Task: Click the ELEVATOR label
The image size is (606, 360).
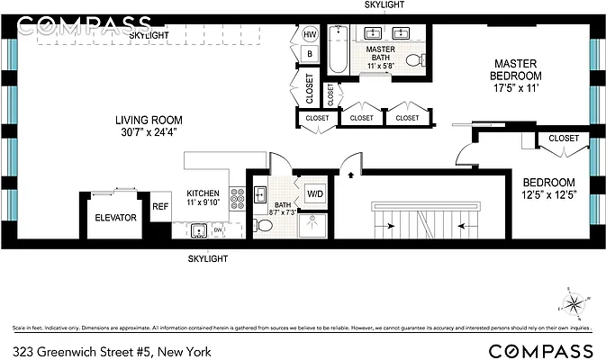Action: pos(115,218)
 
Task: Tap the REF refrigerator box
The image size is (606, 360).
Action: pos(160,206)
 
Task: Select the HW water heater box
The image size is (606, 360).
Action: pos(310,34)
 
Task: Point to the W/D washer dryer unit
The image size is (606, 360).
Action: pos(316,193)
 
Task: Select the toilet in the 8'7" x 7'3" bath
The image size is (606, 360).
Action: pos(260,225)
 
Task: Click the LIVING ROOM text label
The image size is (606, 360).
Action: pos(149,120)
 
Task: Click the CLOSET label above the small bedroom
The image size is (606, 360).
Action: pos(564,138)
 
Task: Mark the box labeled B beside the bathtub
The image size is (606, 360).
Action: pos(310,53)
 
